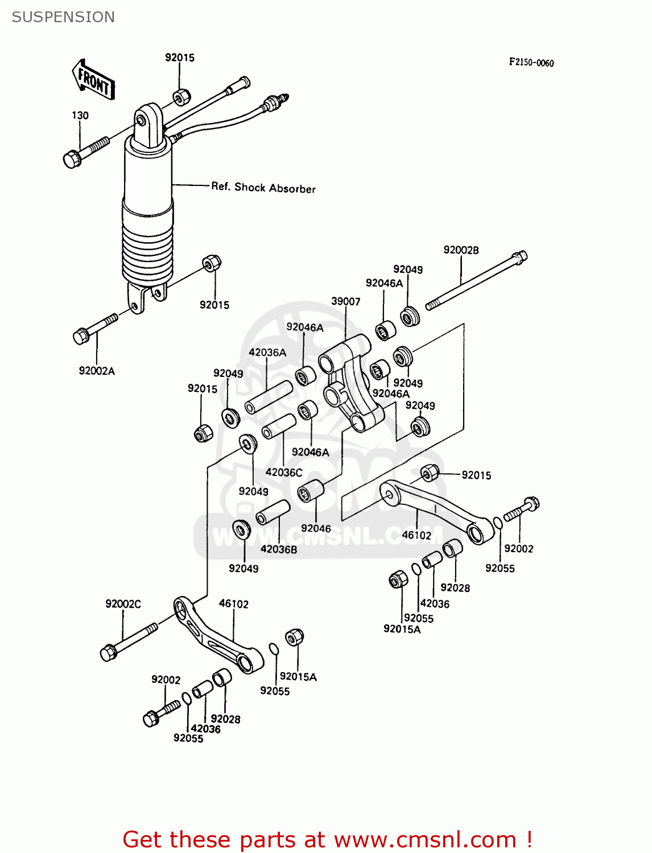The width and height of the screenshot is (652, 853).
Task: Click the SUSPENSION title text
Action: point(63,17)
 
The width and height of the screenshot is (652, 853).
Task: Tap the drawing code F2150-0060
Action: point(531,63)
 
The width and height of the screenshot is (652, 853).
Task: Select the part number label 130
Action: point(80,115)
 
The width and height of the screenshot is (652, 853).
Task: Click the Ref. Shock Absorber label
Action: point(263,188)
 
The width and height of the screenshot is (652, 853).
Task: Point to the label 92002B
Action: point(461,250)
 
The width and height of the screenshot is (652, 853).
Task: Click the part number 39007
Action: point(345,301)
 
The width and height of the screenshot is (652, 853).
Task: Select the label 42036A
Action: point(267,353)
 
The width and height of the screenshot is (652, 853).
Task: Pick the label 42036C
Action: point(284,473)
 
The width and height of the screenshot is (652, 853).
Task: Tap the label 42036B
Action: point(279,549)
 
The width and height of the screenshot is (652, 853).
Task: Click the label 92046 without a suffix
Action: point(316,528)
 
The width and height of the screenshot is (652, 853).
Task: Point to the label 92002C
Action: point(123,604)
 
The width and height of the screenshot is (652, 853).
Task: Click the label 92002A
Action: point(97,371)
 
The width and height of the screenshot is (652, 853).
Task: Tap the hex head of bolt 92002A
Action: point(81,336)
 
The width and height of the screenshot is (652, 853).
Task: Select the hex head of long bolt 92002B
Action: point(520,256)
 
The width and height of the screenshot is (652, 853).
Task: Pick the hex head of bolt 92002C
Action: point(108,653)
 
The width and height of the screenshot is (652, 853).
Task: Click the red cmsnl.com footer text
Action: point(327,839)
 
